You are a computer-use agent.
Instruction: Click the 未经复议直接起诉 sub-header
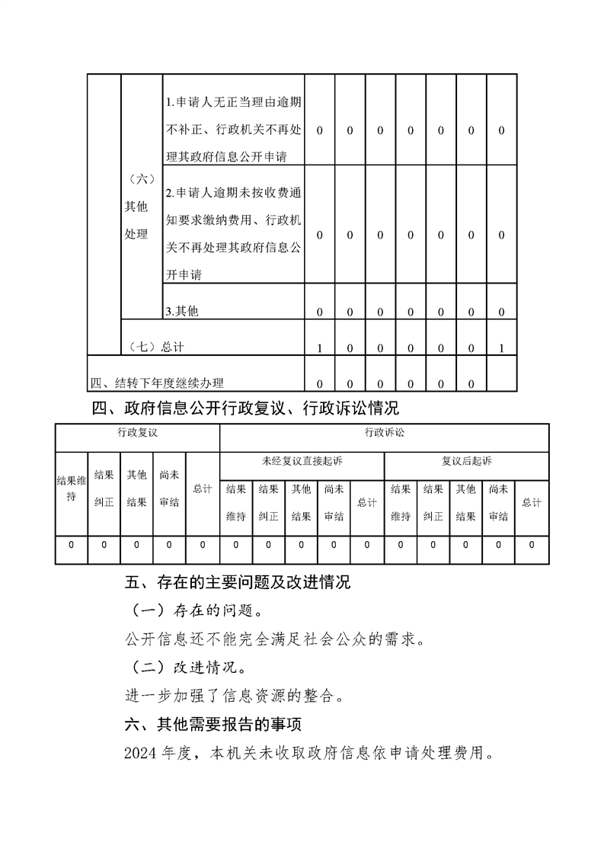[302, 461]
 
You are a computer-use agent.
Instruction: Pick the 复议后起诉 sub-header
[467, 461]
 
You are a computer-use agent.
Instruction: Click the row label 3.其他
[181, 311]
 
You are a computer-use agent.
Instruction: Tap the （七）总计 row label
[156, 347]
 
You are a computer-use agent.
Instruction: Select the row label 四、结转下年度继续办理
[158, 383]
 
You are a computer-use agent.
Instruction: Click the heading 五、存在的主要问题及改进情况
[237, 584]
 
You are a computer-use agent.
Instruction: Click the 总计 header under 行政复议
[203, 488]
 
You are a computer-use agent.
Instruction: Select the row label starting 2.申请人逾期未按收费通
[234, 233]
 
